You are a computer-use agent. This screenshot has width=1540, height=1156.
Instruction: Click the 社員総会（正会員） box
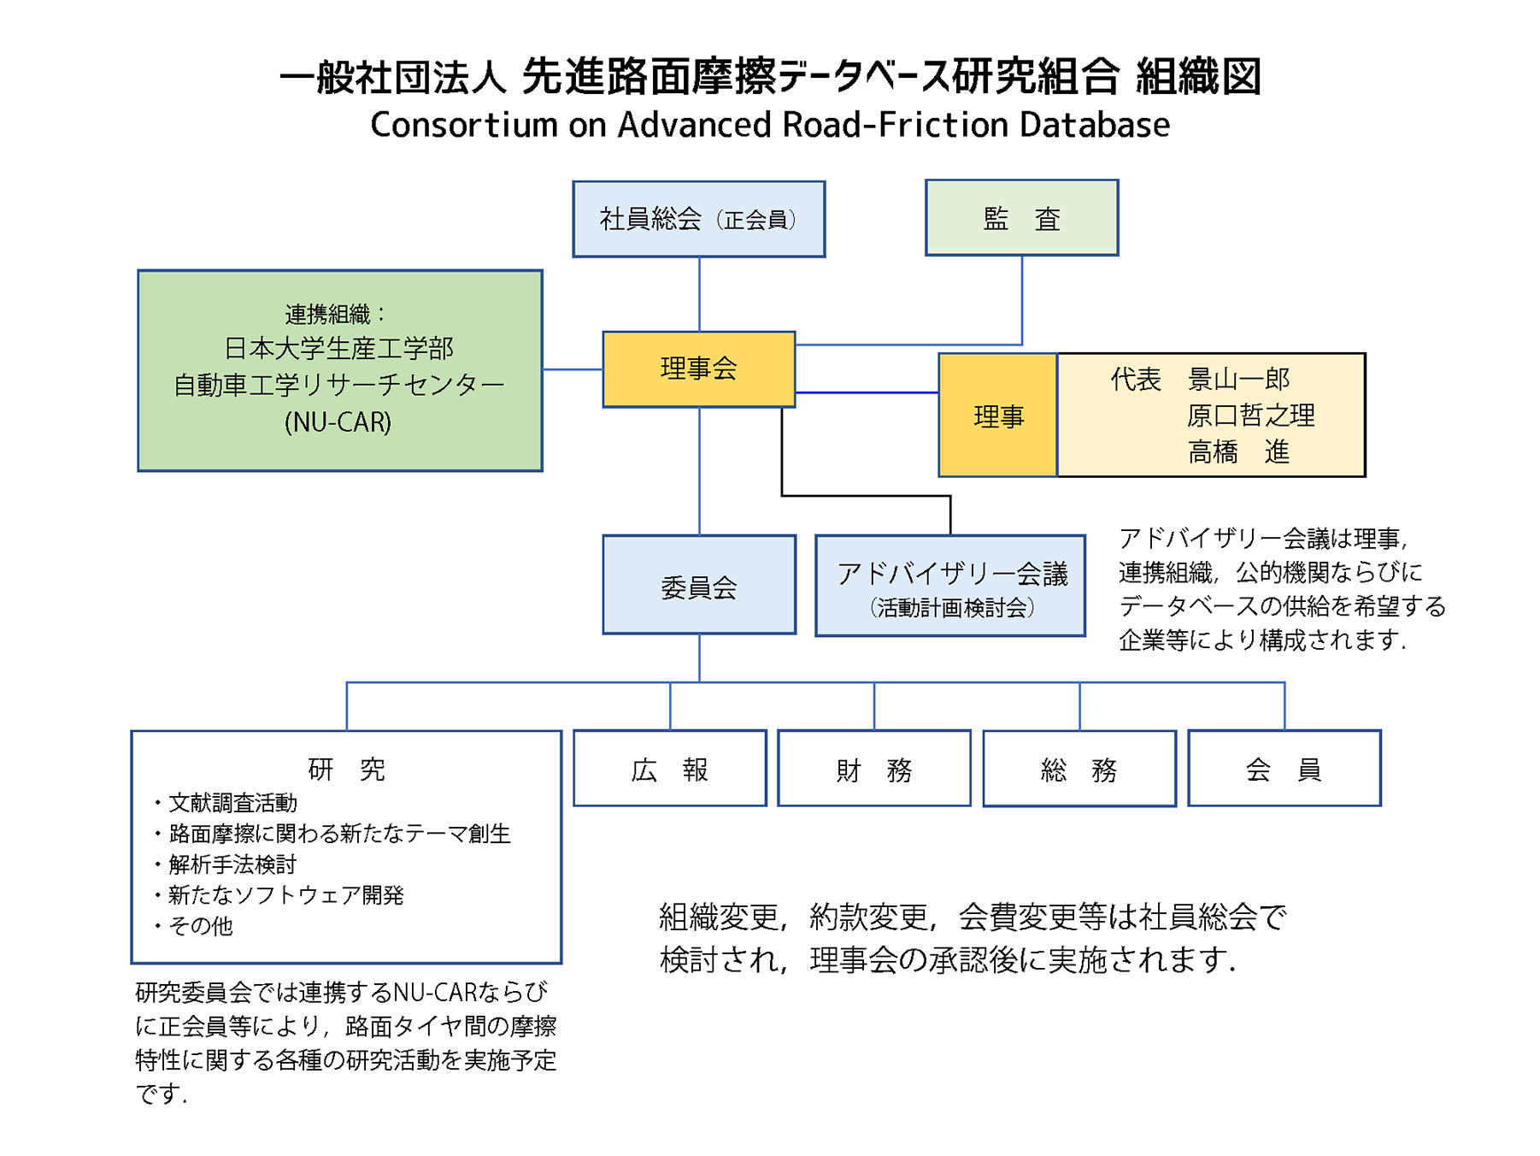click(x=698, y=219)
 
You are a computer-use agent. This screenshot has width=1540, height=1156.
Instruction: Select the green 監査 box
click(x=1021, y=218)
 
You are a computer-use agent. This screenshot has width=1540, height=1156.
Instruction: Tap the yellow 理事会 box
click(x=698, y=369)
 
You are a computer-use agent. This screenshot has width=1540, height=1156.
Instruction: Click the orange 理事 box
click(x=997, y=416)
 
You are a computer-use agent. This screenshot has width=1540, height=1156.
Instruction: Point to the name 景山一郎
click(x=1237, y=379)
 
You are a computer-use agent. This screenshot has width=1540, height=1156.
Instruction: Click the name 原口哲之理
click(x=1250, y=416)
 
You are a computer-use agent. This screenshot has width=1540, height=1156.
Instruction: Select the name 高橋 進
click(x=1237, y=451)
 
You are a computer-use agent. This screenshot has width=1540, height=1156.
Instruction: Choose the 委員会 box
click(x=698, y=586)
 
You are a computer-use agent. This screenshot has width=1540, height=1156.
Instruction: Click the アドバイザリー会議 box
click(x=950, y=586)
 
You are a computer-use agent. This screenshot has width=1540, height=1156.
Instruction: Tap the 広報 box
click(x=669, y=769)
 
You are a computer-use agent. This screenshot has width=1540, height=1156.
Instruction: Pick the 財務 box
click(x=873, y=769)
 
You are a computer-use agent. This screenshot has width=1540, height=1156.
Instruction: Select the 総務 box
click(x=1079, y=769)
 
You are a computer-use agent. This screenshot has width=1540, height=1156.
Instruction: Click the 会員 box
click(x=1284, y=769)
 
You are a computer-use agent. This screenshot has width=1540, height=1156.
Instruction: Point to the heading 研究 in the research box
click(x=346, y=769)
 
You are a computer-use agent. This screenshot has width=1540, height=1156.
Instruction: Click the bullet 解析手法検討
click(x=232, y=864)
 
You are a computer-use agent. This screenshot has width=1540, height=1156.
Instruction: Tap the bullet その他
click(x=200, y=926)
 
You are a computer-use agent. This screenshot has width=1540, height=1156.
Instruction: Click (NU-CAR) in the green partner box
click(x=338, y=422)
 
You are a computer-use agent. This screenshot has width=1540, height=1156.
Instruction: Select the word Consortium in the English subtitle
click(x=463, y=125)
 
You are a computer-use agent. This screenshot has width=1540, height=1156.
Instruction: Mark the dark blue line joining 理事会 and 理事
click(x=866, y=392)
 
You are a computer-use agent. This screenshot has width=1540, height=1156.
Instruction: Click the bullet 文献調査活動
click(x=232, y=803)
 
